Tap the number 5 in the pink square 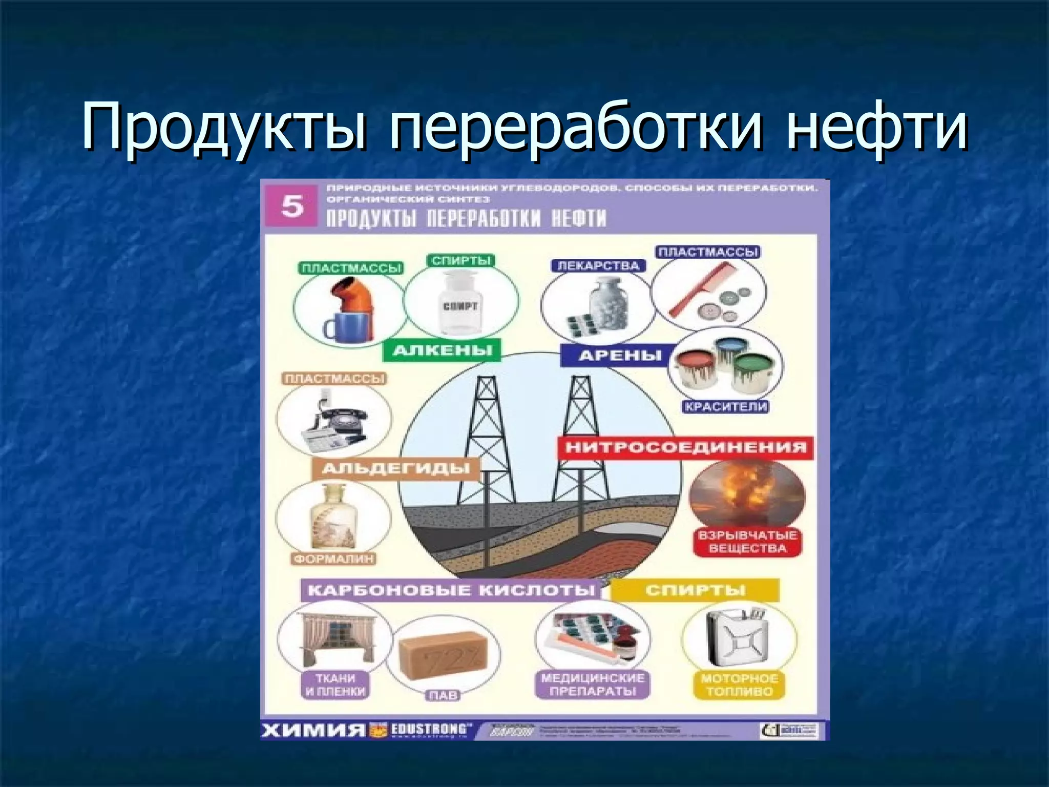[292, 206]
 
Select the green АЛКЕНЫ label [443, 351]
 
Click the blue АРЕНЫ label [620, 356]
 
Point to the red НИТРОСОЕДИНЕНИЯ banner [686, 447]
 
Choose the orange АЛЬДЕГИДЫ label [396, 468]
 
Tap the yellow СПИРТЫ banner [695, 590]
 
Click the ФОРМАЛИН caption [333, 559]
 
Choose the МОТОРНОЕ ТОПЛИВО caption [739, 685]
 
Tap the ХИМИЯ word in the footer [313, 730]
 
